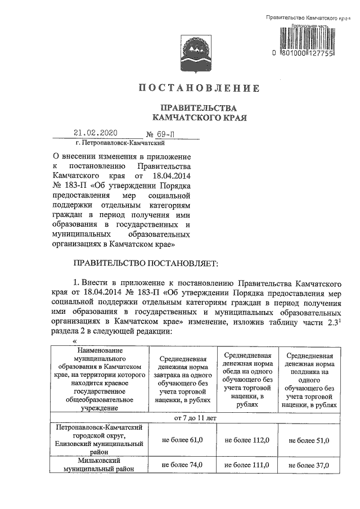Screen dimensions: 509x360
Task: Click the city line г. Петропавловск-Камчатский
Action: click(111, 145)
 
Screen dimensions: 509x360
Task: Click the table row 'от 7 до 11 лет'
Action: click(195, 419)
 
